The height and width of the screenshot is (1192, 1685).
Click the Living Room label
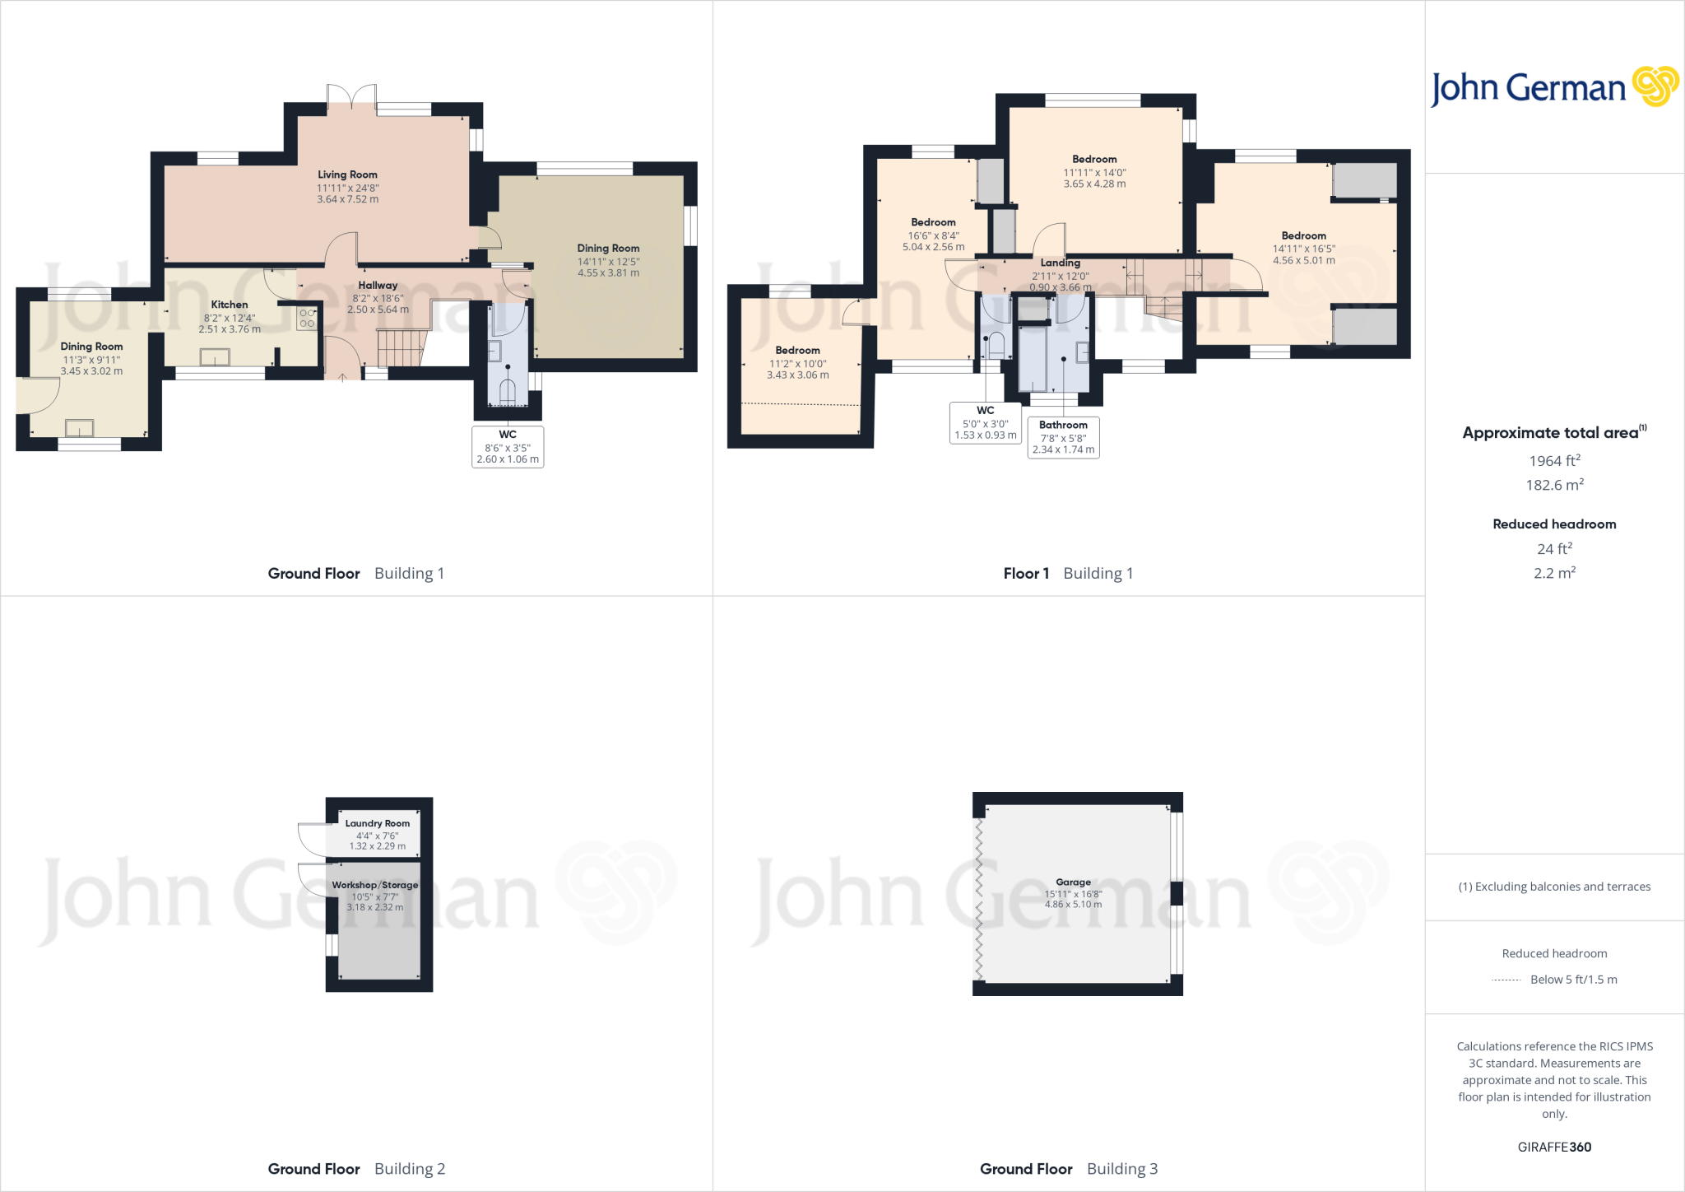pyautogui.click(x=347, y=175)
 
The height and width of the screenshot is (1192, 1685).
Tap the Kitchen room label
pyautogui.click(x=230, y=305)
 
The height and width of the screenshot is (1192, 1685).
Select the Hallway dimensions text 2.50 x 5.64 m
pyautogui.click(x=378, y=310)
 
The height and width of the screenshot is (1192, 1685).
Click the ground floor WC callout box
pyautogui.click(x=508, y=446)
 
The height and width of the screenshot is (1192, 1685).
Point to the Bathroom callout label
pyautogui.click(x=1063, y=426)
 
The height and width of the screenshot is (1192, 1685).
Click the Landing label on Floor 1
pyautogui.click(x=1060, y=263)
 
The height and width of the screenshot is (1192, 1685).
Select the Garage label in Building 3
pyautogui.click(x=1073, y=882)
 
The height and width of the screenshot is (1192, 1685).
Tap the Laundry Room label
pyautogui.click(x=377, y=823)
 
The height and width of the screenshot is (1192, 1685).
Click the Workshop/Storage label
pyautogui.click(x=375, y=885)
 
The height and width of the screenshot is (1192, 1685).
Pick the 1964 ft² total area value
pyautogui.click(x=1554, y=461)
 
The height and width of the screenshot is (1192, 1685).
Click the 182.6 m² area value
pyautogui.click(x=1554, y=485)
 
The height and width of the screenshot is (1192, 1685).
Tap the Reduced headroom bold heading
pyautogui.click(x=1554, y=524)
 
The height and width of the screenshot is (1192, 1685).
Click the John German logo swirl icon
pyautogui.click(x=1655, y=86)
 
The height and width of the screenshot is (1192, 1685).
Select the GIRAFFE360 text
pyautogui.click(x=1554, y=1147)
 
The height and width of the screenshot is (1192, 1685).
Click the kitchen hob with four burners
pyautogui.click(x=307, y=319)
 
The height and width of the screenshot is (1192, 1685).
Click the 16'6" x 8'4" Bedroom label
pyautogui.click(x=933, y=222)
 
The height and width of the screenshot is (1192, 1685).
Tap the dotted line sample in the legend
pyautogui.click(x=1506, y=980)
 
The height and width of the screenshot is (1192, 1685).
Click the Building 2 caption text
pyautogui.click(x=410, y=1169)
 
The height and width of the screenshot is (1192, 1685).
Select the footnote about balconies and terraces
pyautogui.click(x=1554, y=887)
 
